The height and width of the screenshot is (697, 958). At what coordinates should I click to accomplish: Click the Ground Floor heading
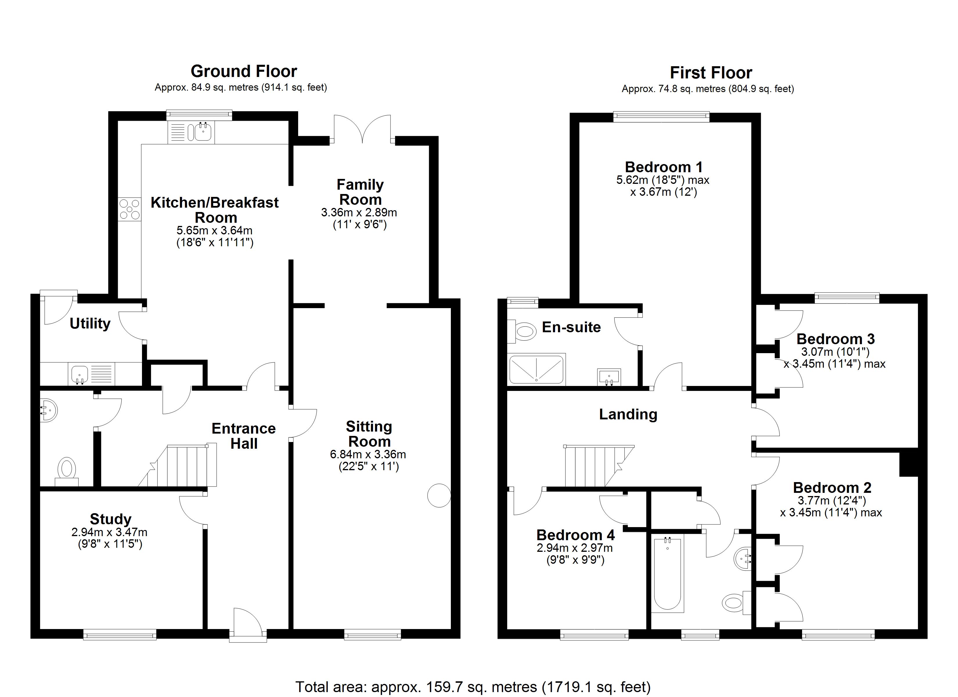(244, 71)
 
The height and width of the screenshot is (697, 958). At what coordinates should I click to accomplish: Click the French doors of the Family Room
(362, 129)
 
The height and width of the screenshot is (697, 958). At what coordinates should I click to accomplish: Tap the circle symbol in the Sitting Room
(439, 495)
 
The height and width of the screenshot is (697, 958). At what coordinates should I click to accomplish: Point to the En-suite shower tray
(536, 369)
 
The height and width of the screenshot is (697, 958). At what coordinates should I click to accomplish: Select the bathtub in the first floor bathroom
(667, 574)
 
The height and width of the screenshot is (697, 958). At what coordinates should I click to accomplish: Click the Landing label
(628, 414)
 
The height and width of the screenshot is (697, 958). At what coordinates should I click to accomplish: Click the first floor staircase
(596, 466)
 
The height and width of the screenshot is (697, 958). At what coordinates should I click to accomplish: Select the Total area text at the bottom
(473, 687)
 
